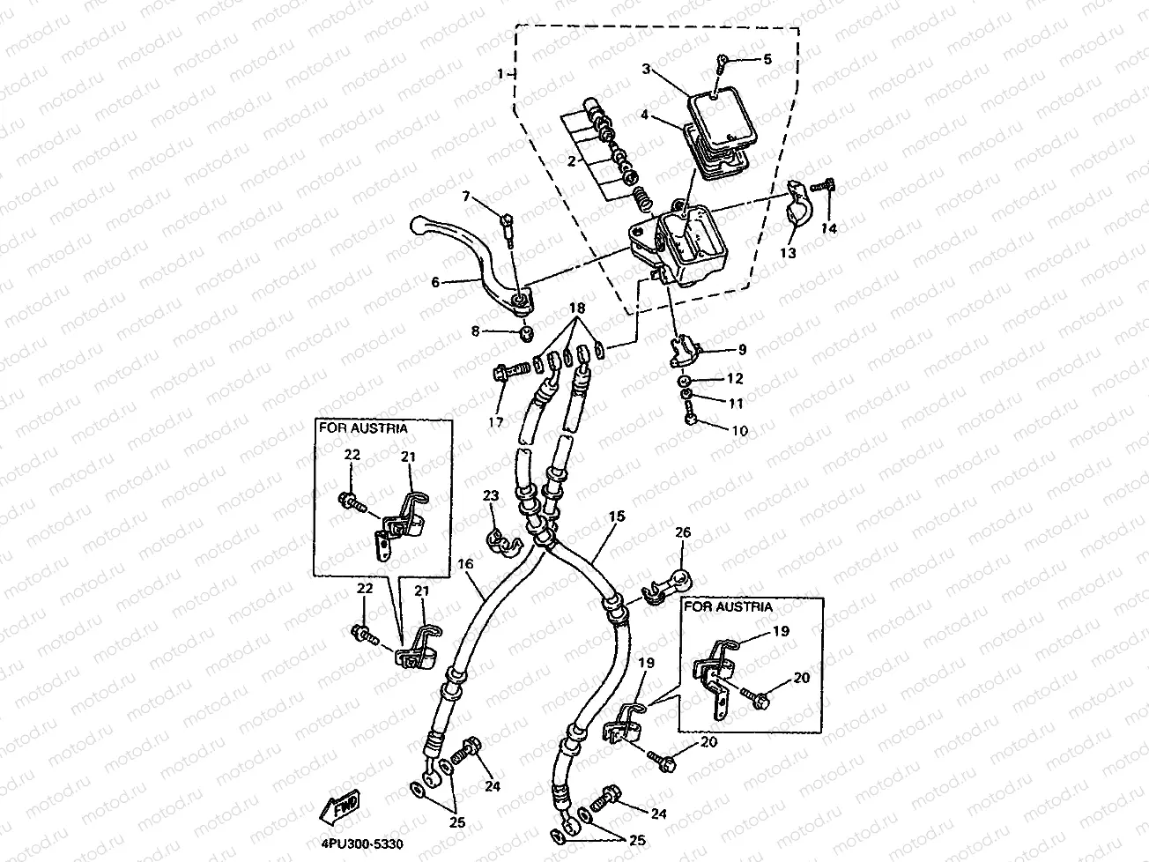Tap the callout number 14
click(829, 228)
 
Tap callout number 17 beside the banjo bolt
click(495, 421)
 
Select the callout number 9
click(742, 350)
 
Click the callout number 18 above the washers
click(577, 308)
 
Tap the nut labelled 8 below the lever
click(526, 333)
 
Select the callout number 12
click(736, 379)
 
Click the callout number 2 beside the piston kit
click(572, 160)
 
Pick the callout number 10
click(738, 431)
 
